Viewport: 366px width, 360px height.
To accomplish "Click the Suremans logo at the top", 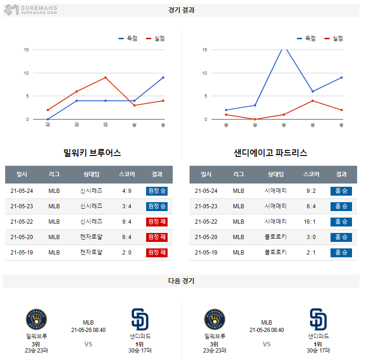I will click(x=31, y=10).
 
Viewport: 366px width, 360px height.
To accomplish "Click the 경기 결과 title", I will click(x=182, y=10).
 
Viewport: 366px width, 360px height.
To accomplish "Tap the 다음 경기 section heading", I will click(x=182, y=281).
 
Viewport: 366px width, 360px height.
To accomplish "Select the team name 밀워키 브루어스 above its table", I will click(x=92, y=153).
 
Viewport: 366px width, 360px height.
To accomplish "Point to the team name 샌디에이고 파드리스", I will click(x=271, y=153).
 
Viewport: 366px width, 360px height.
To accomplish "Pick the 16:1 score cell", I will click(x=311, y=221).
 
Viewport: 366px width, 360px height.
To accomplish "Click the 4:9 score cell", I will click(x=127, y=191).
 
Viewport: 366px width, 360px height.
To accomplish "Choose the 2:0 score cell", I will click(x=127, y=252).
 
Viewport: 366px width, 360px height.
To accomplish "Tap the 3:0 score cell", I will click(x=311, y=237).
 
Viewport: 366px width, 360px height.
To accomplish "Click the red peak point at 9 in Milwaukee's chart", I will click(x=106, y=78).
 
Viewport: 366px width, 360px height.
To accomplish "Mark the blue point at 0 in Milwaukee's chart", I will click(x=48, y=119).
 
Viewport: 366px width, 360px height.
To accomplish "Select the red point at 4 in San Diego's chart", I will click(x=313, y=100).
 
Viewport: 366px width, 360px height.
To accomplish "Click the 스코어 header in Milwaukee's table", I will click(x=127, y=174).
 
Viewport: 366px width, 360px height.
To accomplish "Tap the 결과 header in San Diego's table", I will click(x=341, y=174).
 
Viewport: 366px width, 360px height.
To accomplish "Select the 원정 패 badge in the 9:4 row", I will click(x=157, y=221).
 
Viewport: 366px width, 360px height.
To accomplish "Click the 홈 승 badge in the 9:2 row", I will click(x=341, y=191).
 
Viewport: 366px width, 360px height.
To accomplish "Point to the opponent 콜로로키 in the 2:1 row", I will click(x=275, y=252).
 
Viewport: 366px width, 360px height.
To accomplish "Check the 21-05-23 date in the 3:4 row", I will click(x=22, y=206).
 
